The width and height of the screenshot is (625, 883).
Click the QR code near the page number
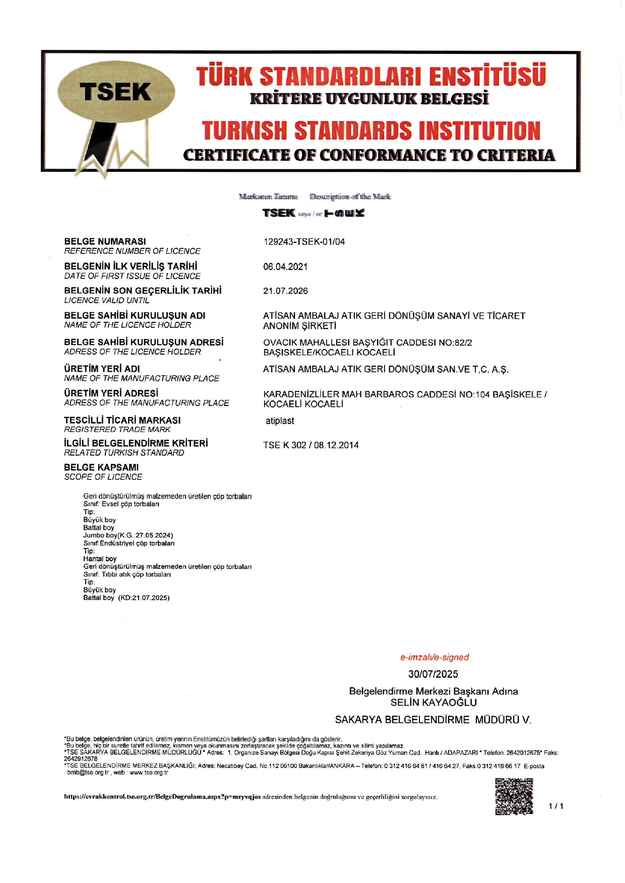tap(514, 796)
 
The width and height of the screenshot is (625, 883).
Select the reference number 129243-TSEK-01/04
tap(304, 242)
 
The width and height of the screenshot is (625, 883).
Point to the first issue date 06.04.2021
tap(285, 267)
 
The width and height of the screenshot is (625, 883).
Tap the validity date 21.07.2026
tap(285, 291)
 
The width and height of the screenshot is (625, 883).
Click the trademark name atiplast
tap(280, 421)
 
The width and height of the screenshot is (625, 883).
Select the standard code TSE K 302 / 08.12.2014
tap(310, 445)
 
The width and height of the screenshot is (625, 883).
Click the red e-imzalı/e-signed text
tap(434, 657)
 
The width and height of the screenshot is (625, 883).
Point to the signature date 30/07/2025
tap(433, 674)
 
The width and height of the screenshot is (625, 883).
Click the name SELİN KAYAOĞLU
tap(433, 702)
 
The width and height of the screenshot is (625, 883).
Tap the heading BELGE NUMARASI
tap(105, 242)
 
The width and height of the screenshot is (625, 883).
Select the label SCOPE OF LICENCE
tap(103, 477)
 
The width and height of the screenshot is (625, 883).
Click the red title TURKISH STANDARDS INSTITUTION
tap(371, 130)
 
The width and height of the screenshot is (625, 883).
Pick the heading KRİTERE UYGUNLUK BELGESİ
tap(369, 98)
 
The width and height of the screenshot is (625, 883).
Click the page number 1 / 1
tap(556, 806)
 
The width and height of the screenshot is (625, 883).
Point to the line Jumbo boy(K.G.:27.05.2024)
tap(128, 535)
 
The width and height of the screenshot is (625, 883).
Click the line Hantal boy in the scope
tap(100, 559)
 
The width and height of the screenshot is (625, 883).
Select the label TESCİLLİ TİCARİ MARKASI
tap(122, 420)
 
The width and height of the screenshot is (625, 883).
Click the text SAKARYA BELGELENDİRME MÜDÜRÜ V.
tap(433, 720)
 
